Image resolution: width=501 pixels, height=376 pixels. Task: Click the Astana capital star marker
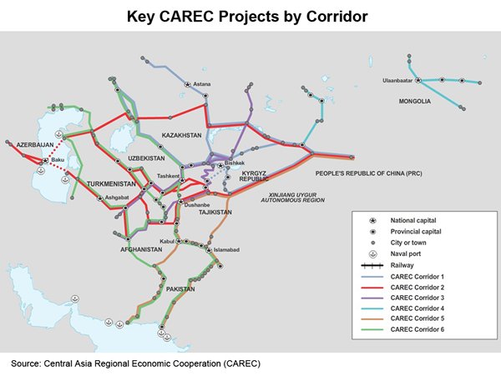(x=188, y=84)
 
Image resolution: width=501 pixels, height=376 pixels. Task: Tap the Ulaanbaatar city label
(x=397, y=81)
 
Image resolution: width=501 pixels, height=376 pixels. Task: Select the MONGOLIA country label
(x=414, y=102)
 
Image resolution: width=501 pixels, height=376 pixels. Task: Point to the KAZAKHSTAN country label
(x=181, y=136)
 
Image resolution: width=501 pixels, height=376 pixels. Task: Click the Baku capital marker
(x=46, y=160)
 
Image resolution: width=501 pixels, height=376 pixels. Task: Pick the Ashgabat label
(x=117, y=198)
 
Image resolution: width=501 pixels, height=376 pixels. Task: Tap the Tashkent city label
(x=168, y=176)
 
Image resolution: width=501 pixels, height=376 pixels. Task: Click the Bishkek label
(x=235, y=163)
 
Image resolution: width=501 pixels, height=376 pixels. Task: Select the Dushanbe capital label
(x=197, y=205)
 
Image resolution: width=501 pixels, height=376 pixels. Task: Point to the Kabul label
(x=167, y=242)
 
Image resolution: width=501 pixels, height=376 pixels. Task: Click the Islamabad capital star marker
(x=209, y=250)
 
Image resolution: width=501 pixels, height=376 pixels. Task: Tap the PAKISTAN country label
(x=180, y=289)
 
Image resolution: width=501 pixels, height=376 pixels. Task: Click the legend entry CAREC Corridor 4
(x=417, y=308)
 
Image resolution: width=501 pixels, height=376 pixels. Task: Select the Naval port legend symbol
(x=372, y=254)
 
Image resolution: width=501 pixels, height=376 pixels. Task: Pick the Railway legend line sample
(x=372, y=265)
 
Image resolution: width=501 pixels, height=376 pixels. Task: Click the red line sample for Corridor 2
(x=372, y=288)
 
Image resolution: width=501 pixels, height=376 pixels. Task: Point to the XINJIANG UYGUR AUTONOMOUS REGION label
(x=293, y=198)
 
